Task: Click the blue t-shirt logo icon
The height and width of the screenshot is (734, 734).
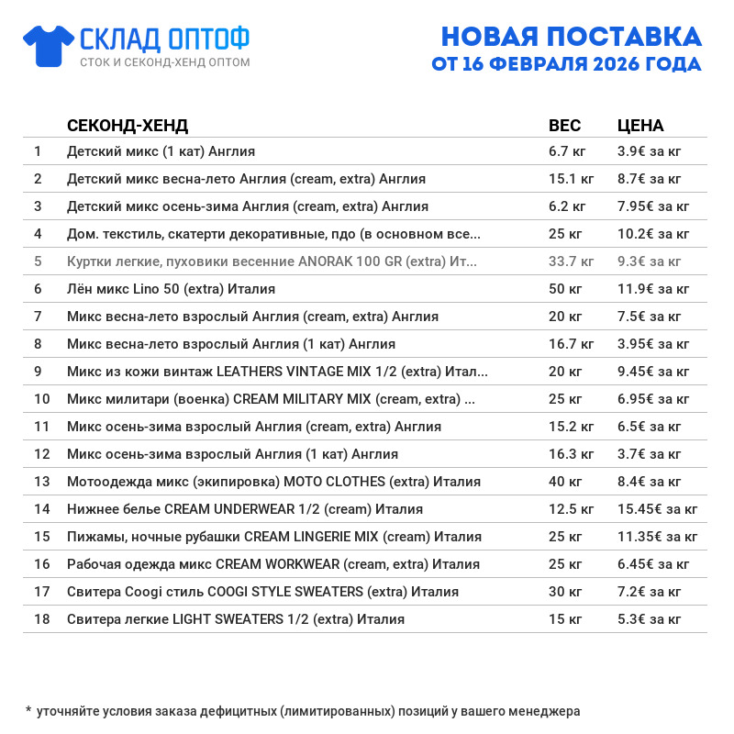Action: click(x=48, y=45)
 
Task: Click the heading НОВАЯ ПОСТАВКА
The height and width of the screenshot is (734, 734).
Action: click(x=571, y=36)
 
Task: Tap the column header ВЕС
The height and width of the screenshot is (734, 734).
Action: click(x=564, y=126)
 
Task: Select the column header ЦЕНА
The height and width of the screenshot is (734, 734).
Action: click(x=640, y=126)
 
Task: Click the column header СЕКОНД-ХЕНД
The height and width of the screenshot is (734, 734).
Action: click(x=128, y=126)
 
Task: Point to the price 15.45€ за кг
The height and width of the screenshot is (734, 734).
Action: click(x=658, y=509)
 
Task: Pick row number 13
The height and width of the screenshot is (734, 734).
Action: click(x=41, y=482)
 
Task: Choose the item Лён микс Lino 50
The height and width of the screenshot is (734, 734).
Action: click(x=171, y=289)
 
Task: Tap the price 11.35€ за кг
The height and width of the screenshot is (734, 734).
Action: click(x=658, y=537)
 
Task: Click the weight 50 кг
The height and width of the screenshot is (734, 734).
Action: click(x=565, y=289)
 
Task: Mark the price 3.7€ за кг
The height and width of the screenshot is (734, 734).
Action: click(x=650, y=454)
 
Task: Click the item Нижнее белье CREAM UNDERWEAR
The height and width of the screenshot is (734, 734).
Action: click(x=245, y=509)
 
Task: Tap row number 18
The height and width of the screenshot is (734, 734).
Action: click(x=41, y=619)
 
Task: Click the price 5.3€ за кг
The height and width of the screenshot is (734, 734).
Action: click(x=650, y=619)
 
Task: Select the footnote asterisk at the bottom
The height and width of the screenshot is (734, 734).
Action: click(x=28, y=709)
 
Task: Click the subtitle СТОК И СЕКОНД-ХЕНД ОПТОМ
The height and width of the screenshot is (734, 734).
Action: click(x=164, y=62)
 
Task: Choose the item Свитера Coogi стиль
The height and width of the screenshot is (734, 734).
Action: click(x=262, y=592)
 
